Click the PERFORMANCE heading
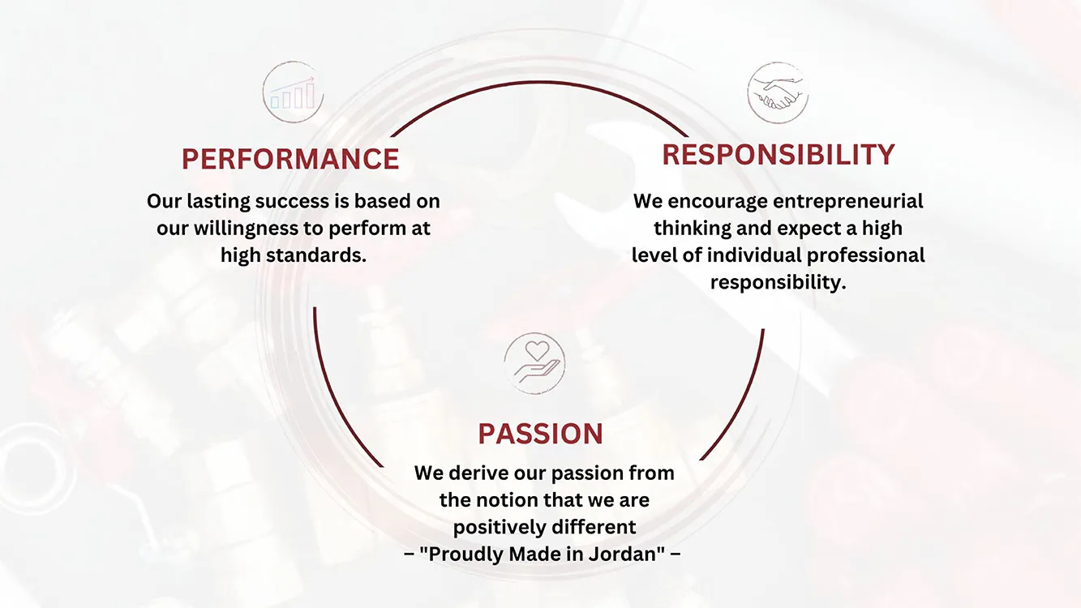(x=290, y=159)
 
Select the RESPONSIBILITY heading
(x=779, y=155)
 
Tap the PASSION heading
(x=540, y=434)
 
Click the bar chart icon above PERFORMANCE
(x=293, y=92)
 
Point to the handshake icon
(x=778, y=92)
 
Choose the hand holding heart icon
(x=534, y=363)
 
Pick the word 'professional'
(x=866, y=255)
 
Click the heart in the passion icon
(x=537, y=351)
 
